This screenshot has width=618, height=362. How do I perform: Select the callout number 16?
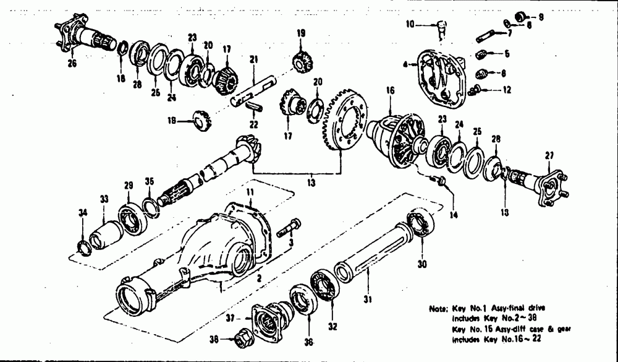pos(390,90)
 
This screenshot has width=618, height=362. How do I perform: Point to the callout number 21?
pos(253,59)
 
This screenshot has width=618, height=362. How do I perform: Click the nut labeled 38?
pos(240,339)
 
